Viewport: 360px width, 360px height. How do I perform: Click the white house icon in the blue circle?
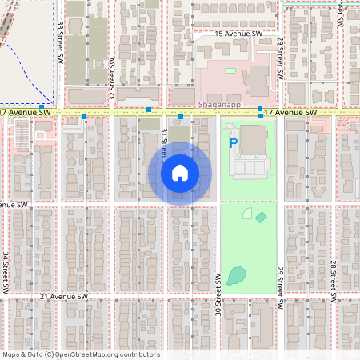pos(179,173)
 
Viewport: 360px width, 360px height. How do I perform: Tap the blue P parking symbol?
pos(234,144)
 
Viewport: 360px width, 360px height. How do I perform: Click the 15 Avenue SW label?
pos(238,34)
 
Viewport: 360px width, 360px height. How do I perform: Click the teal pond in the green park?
pos(237,276)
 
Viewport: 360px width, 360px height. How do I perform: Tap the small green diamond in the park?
pos(261,217)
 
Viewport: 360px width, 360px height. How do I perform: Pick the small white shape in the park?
pos(247,214)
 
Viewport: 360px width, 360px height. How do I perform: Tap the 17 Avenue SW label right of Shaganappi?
pos(290,113)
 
